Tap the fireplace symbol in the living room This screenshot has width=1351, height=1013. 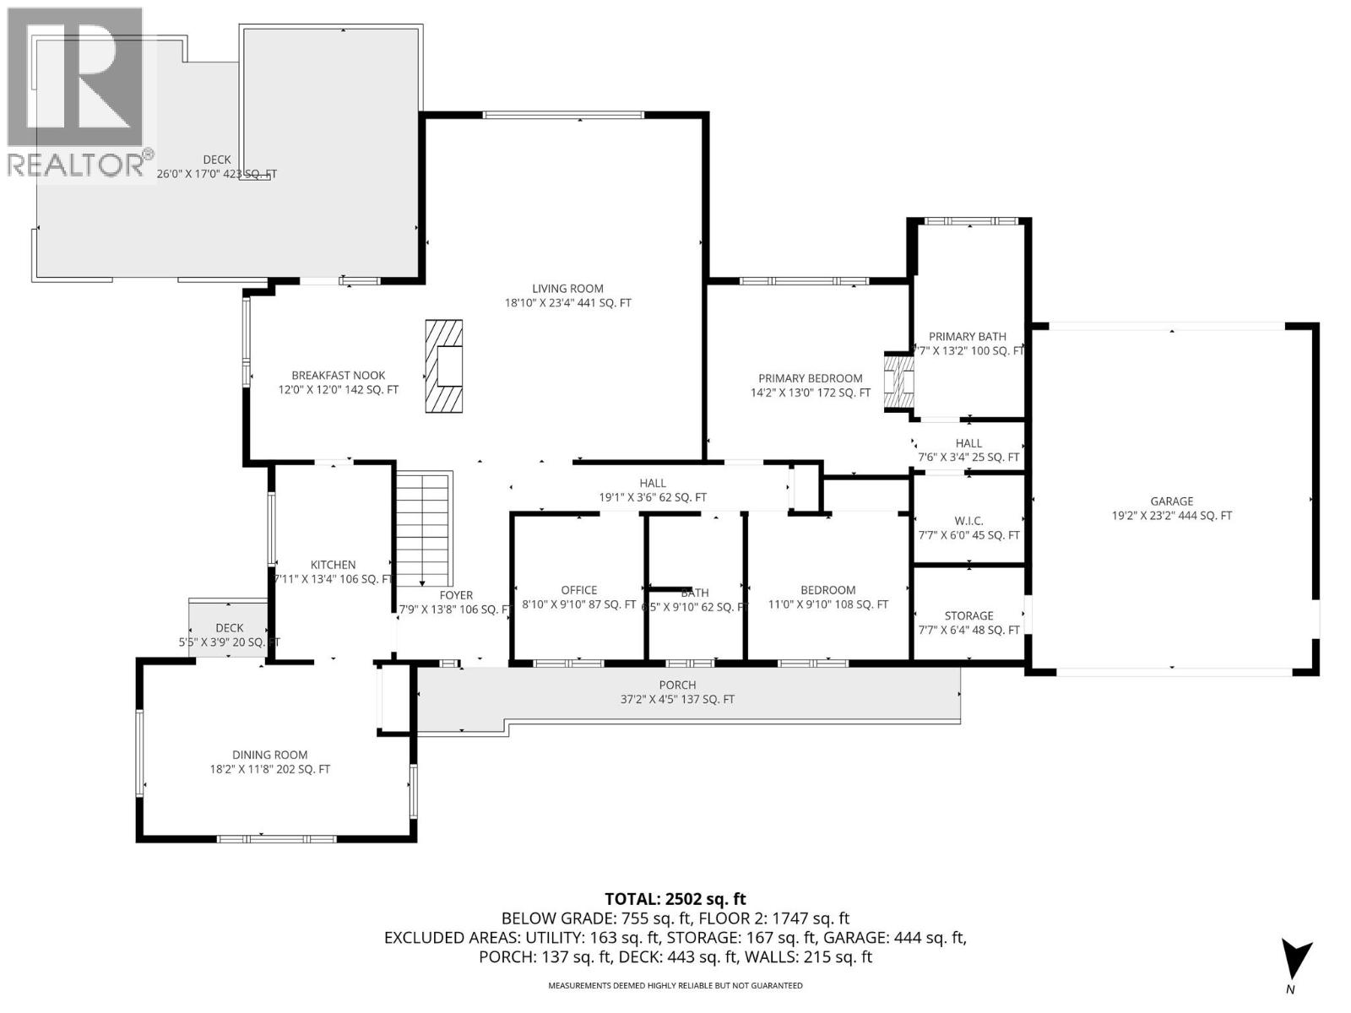[443, 366]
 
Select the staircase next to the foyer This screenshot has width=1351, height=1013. [422, 528]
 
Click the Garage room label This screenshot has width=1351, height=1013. [1171, 501]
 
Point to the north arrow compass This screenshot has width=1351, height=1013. [1295, 963]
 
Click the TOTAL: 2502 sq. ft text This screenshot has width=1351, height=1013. [675, 899]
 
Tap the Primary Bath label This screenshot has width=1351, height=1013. [968, 336]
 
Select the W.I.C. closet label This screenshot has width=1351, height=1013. [968, 521]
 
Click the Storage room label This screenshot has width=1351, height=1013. [968, 615]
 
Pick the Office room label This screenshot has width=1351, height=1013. [579, 590]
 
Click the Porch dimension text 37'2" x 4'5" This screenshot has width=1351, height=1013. [677, 699]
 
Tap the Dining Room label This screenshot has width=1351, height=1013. [270, 755]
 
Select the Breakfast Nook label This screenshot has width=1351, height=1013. [338, 376]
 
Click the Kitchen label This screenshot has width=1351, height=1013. [333, 565]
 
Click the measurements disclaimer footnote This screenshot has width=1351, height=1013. [675, 985]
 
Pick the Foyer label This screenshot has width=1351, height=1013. [455, 595]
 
